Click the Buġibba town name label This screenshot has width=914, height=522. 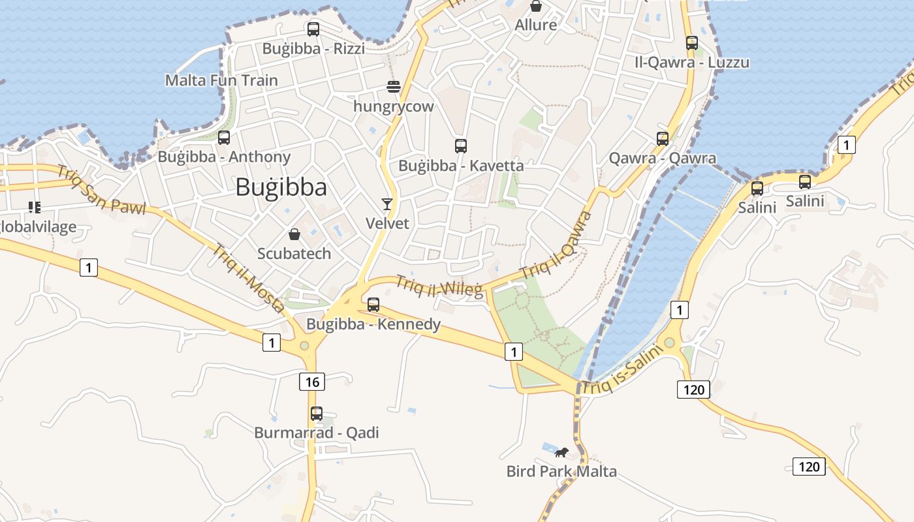(x=281, y=187)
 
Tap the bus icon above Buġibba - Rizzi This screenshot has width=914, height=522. (x=313, y=29)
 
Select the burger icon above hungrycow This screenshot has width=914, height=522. (x=393, y=87)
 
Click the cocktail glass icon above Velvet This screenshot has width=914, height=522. (x=387, y=204)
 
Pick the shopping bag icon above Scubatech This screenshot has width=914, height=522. (x=294, y=234)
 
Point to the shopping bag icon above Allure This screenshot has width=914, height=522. (x=536, y=7)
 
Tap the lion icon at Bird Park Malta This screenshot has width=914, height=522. (x=561, y=452)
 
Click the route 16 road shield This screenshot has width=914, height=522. (x=312, y=381)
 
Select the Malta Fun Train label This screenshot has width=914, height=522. (x=221, y=80)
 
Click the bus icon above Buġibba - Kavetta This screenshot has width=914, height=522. (x=461, y=146)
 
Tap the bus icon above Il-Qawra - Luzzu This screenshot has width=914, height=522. (x=692, y=43)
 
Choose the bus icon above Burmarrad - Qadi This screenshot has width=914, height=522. (x=317, y=413)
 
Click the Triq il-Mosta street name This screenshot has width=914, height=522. (x=248, y=277)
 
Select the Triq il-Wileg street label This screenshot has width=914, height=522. (x=439, y=286)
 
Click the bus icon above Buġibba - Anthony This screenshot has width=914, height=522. (x=224, y=138)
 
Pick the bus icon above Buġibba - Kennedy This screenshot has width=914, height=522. (x=373, y=305)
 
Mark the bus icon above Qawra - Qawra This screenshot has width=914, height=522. (x=663, y=139)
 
